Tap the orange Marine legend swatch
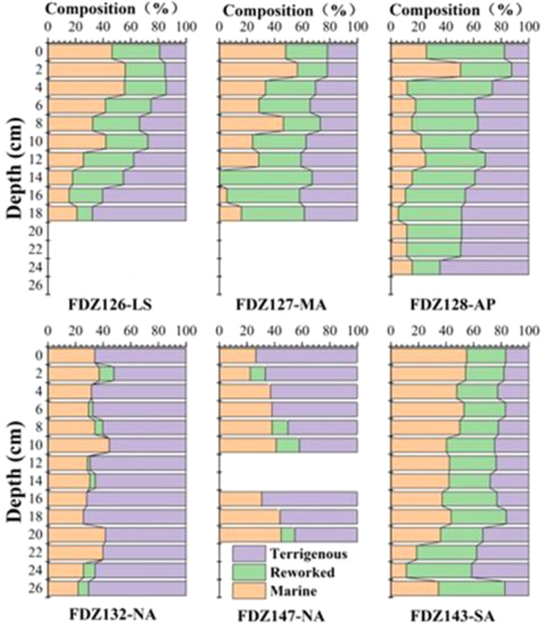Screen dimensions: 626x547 (x=249, y=591)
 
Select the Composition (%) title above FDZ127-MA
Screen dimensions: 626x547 (x=289, y=11)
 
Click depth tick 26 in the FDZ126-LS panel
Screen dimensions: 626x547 (x=39, y=285)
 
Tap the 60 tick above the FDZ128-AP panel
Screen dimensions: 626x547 (x=473, y=27)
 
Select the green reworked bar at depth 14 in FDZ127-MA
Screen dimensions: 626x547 (x=266, y=178)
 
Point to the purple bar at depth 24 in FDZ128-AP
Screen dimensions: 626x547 (x=485, y=268)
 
